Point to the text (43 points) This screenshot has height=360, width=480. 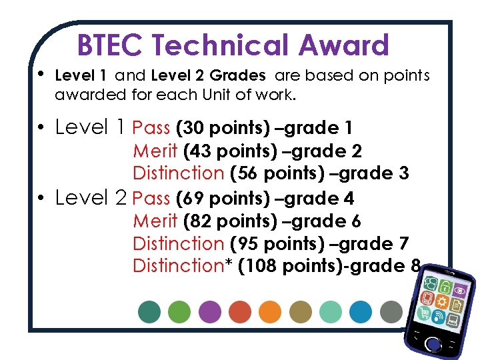click(225, 151)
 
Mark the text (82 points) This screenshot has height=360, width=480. click(226, 221)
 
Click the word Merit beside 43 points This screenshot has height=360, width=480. click(155, 151)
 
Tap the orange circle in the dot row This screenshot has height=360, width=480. click(270, 311)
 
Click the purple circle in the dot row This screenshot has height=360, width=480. click(210, 311)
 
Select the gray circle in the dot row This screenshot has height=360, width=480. click(391, 311)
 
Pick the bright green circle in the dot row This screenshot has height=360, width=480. click(179, 311)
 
